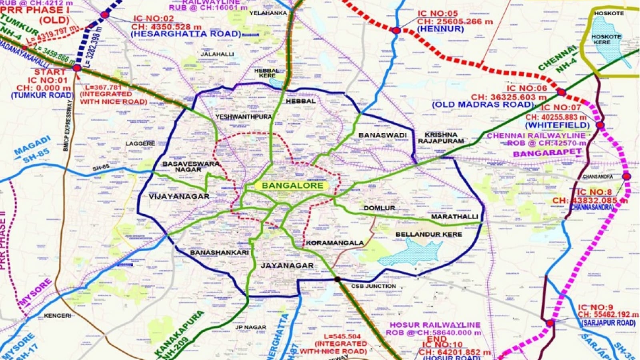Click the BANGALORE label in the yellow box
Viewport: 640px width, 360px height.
(292, 186)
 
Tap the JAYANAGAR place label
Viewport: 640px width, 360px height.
(287, 266)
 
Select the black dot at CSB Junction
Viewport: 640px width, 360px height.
(337, 279)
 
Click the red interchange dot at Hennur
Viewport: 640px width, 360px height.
(396, 30)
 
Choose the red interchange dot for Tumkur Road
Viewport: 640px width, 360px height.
(77, 68)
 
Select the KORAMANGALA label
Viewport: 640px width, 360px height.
(335, 243)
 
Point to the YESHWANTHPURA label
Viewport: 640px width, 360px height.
(243, 117)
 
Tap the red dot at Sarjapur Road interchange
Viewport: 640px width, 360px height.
(550, 323)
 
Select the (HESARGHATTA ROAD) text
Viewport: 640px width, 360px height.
(186, 34)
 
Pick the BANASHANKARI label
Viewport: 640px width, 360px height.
(219, 252)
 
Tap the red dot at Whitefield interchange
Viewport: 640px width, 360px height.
(600, 125)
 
